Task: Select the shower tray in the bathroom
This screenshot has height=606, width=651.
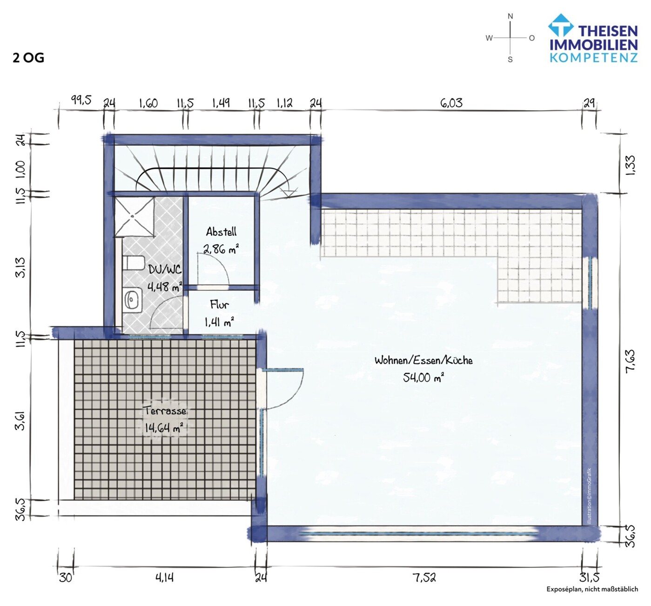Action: click(x=135, y=217)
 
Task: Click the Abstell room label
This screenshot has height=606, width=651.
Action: click(x=221, y=232)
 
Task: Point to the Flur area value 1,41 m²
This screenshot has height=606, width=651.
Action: click(x=219, y=322)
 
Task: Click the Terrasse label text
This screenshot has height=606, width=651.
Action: click(x=165, y=411)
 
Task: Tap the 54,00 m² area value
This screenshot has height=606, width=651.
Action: click(x=423, y=378)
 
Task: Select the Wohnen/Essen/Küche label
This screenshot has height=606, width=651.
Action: click(x=423, y=360)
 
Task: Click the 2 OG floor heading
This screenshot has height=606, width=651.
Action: click(x=28, y=58)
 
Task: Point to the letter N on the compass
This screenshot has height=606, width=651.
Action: click(x=510, y=16)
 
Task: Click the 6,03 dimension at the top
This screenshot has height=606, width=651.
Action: click(x=451, y=103)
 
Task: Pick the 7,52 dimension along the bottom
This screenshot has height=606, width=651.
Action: click(x=424, y=578)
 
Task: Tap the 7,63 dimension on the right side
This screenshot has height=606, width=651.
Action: click(x=631, y=361)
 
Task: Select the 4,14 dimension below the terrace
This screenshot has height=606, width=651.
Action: click(x=164, y=578)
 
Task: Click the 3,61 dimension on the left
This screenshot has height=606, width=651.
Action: click(x=20, y=420)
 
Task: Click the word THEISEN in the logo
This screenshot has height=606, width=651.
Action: click(x=608, y=31)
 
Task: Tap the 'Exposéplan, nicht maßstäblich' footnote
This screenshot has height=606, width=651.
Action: click(x=592, y=589)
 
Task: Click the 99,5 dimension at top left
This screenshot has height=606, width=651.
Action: click(x=81, y=100)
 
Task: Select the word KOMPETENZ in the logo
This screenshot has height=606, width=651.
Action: click(x=593, y=58)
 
